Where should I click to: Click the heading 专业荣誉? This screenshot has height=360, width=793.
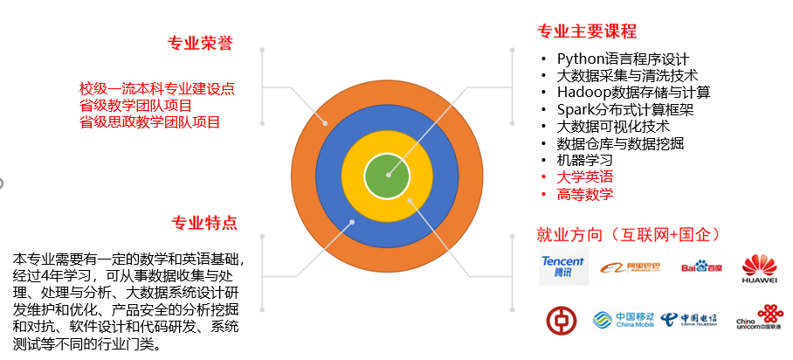coord(200,43)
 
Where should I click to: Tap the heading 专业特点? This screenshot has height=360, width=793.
coord(204,222)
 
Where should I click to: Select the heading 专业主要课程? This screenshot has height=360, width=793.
coord(587,31)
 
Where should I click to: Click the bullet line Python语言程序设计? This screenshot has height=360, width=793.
coord(623,59)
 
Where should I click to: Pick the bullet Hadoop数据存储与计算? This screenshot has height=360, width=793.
coord(634,92)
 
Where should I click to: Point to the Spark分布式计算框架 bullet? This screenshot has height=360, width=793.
coord(625,109)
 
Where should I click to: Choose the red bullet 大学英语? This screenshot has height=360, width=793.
coord(584,177)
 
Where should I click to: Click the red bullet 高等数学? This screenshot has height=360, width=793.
coord(584,194)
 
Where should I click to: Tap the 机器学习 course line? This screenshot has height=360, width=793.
coord(584,160)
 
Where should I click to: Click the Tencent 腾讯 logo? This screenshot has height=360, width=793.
coord(563,267)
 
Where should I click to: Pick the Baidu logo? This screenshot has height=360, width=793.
coord(701,267)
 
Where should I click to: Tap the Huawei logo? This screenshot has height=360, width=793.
coord(759,269)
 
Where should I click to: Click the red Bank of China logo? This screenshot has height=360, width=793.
coord(562,321)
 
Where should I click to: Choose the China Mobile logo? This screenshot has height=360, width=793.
coord(623,320)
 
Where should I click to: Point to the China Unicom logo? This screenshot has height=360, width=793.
coord(760,317)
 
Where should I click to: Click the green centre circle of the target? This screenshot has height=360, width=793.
coord(387,175)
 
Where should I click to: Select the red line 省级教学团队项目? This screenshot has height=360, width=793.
coord(135,106)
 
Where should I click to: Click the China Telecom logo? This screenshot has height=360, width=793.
coord(688,320)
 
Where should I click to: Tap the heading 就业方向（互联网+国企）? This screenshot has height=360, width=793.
coord(629,234)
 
